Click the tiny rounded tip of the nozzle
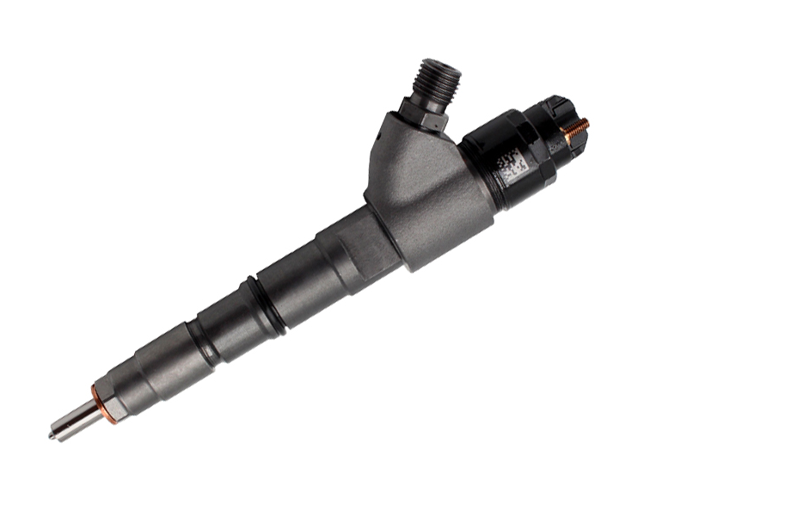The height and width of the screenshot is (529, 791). coord(52,436)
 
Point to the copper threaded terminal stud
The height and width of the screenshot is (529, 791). coord(578,128)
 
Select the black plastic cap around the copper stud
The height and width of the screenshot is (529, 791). coord(559,120)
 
